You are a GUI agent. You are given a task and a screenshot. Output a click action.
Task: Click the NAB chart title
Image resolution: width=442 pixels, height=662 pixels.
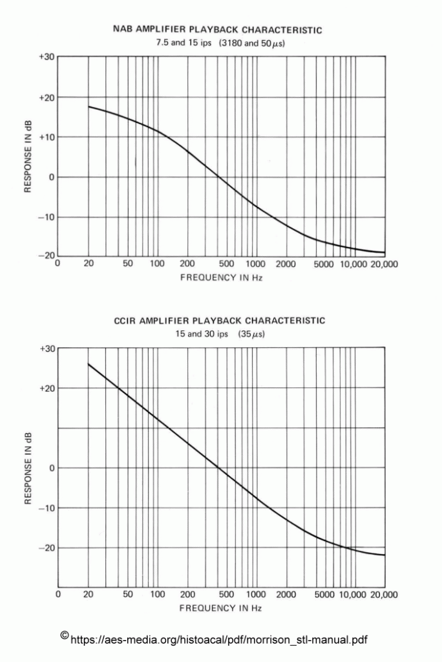(x=217, y=30)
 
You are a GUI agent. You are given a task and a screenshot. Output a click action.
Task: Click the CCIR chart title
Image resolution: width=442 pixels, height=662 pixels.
(x=219, y=321)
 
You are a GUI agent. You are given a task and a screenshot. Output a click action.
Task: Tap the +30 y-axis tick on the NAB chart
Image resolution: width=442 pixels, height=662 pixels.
(x=46, y=57)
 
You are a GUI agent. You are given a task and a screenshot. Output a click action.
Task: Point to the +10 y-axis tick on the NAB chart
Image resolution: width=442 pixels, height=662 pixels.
(x=46, y=137)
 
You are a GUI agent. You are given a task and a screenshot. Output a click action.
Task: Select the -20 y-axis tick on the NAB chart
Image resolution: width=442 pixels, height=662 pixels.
(x=46, y=256)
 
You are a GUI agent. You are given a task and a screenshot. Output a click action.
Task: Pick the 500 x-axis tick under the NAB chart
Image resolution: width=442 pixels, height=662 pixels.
(x=226, y=264)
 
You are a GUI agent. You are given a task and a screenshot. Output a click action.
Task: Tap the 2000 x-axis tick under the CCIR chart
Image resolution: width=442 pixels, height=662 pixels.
(x=286, y=594)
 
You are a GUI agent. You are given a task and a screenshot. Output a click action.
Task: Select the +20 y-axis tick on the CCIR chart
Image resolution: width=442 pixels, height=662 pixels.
(x=46, y=388)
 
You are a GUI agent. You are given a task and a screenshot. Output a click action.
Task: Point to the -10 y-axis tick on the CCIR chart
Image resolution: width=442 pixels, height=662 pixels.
(x=46, y=508)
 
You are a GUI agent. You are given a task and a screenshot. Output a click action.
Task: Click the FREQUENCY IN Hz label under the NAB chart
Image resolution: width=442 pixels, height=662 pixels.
(x=220, y=277)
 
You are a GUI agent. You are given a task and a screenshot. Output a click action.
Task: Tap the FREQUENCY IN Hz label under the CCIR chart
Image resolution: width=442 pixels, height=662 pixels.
(x=220, y=608)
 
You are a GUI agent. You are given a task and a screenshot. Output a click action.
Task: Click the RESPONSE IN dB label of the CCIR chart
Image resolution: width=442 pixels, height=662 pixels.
(x=28, y=467)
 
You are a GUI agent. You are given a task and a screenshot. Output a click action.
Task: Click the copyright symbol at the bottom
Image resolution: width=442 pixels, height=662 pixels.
(x=64, y=635)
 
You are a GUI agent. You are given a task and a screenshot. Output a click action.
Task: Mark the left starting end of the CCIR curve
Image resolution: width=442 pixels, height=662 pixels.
(x=88, y=363)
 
